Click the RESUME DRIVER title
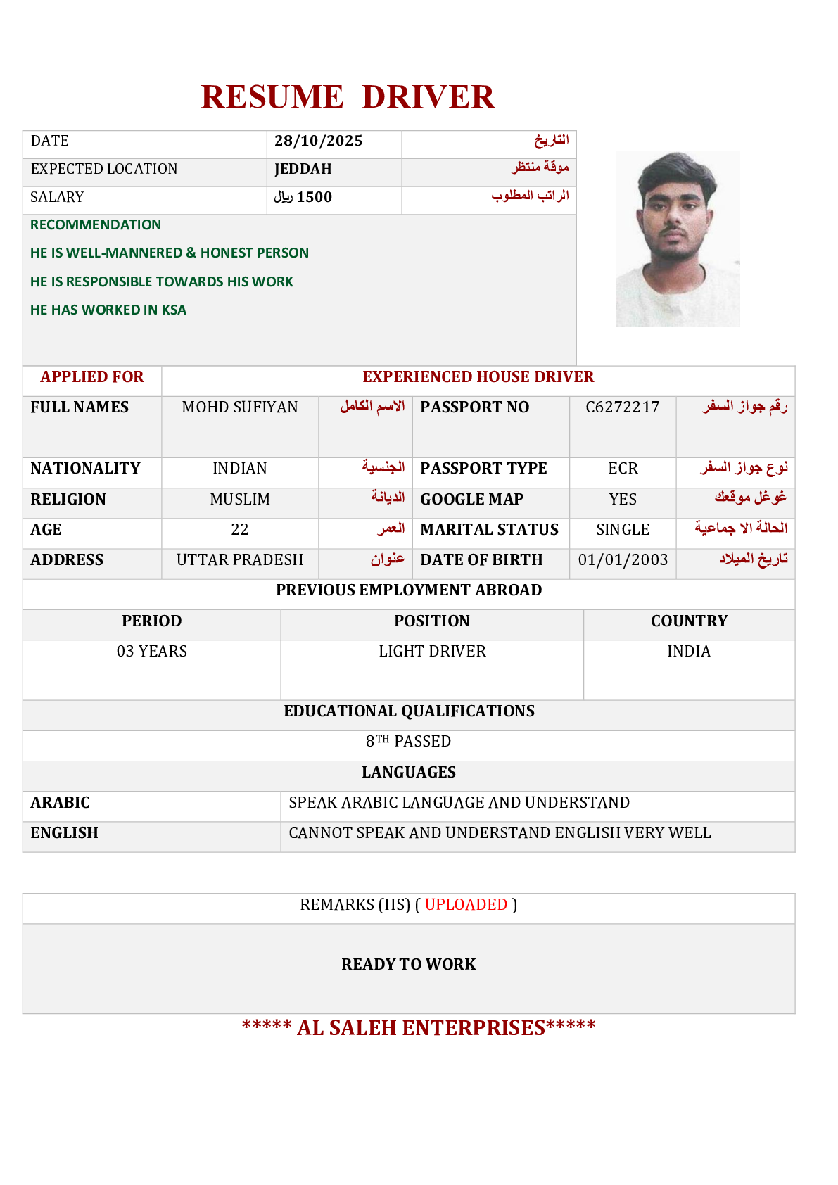[348, 97]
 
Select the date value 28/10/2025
[318, 141]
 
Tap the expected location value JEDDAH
[303, 169]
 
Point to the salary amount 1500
[314, 197]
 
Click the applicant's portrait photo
[678, 239]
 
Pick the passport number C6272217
[623, 407]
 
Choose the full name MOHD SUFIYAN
[240, 407]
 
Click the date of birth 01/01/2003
[623, 560]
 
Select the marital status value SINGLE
[623, 530]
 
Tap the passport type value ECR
[623, 469]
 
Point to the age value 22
[240, 530]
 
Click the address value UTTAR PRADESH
[240, 560]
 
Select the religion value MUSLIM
[240, 500]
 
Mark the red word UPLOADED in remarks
[466, 905]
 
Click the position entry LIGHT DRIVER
[432, 652]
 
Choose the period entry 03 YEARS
[152, 652]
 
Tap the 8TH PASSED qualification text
[408, 742]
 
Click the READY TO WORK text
[408, 965]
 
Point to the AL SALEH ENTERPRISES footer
[419, 1028]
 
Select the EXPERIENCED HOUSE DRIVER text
[478, 377]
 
